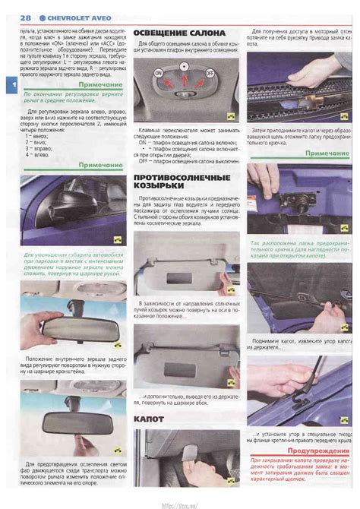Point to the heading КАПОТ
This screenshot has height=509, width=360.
(x=150, y=419)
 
